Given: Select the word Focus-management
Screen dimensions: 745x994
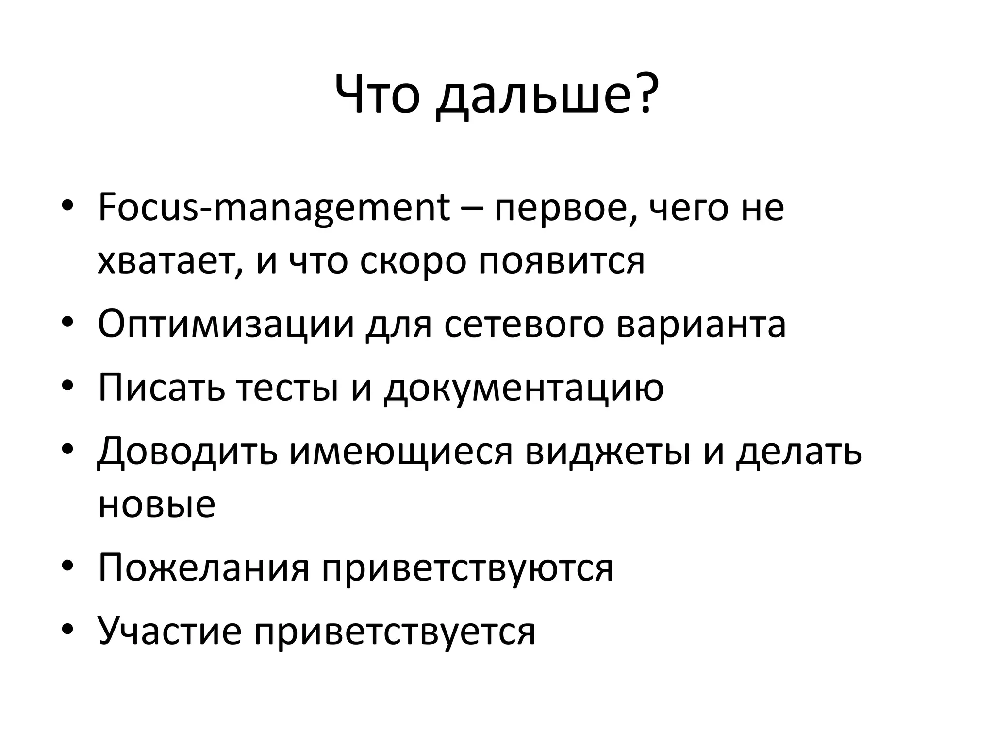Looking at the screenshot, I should pos(274,209).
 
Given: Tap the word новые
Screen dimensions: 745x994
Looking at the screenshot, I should pos(156,505).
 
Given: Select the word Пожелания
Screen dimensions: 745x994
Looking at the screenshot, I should pos(203,568).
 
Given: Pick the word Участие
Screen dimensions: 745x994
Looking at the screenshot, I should pos(169,631).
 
